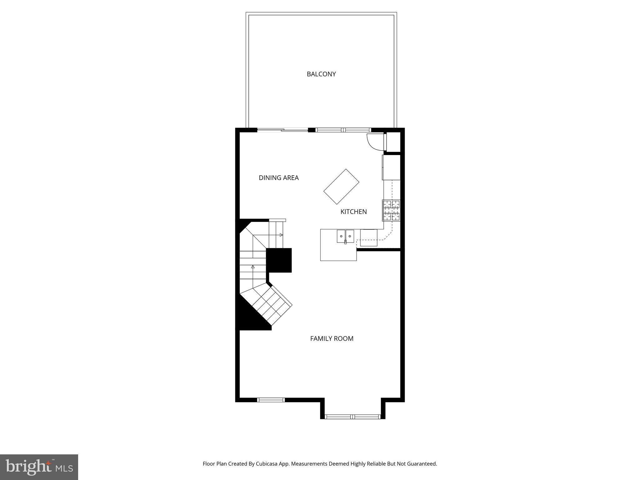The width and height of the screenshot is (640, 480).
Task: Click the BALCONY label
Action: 321,74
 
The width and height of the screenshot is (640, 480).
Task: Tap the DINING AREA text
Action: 279,178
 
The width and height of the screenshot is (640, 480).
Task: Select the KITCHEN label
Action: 353,212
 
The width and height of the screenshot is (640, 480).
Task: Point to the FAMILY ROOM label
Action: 332,339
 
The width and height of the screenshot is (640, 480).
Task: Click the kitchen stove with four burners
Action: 391,210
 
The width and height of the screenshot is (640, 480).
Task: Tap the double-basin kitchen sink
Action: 345,236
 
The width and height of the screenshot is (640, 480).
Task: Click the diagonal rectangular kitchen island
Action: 341,187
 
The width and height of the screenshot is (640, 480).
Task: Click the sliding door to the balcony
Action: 282,130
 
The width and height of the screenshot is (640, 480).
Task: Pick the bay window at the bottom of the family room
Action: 352,416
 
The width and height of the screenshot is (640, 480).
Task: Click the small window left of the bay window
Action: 271,400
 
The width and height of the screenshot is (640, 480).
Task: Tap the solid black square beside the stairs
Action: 279,260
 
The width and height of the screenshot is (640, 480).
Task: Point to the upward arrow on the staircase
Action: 253,267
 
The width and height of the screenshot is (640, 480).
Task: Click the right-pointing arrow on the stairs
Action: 281,235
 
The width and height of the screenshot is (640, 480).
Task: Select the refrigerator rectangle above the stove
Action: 391,167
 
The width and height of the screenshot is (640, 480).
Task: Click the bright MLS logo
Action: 39,467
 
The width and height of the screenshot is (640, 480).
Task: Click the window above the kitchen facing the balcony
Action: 343,130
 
